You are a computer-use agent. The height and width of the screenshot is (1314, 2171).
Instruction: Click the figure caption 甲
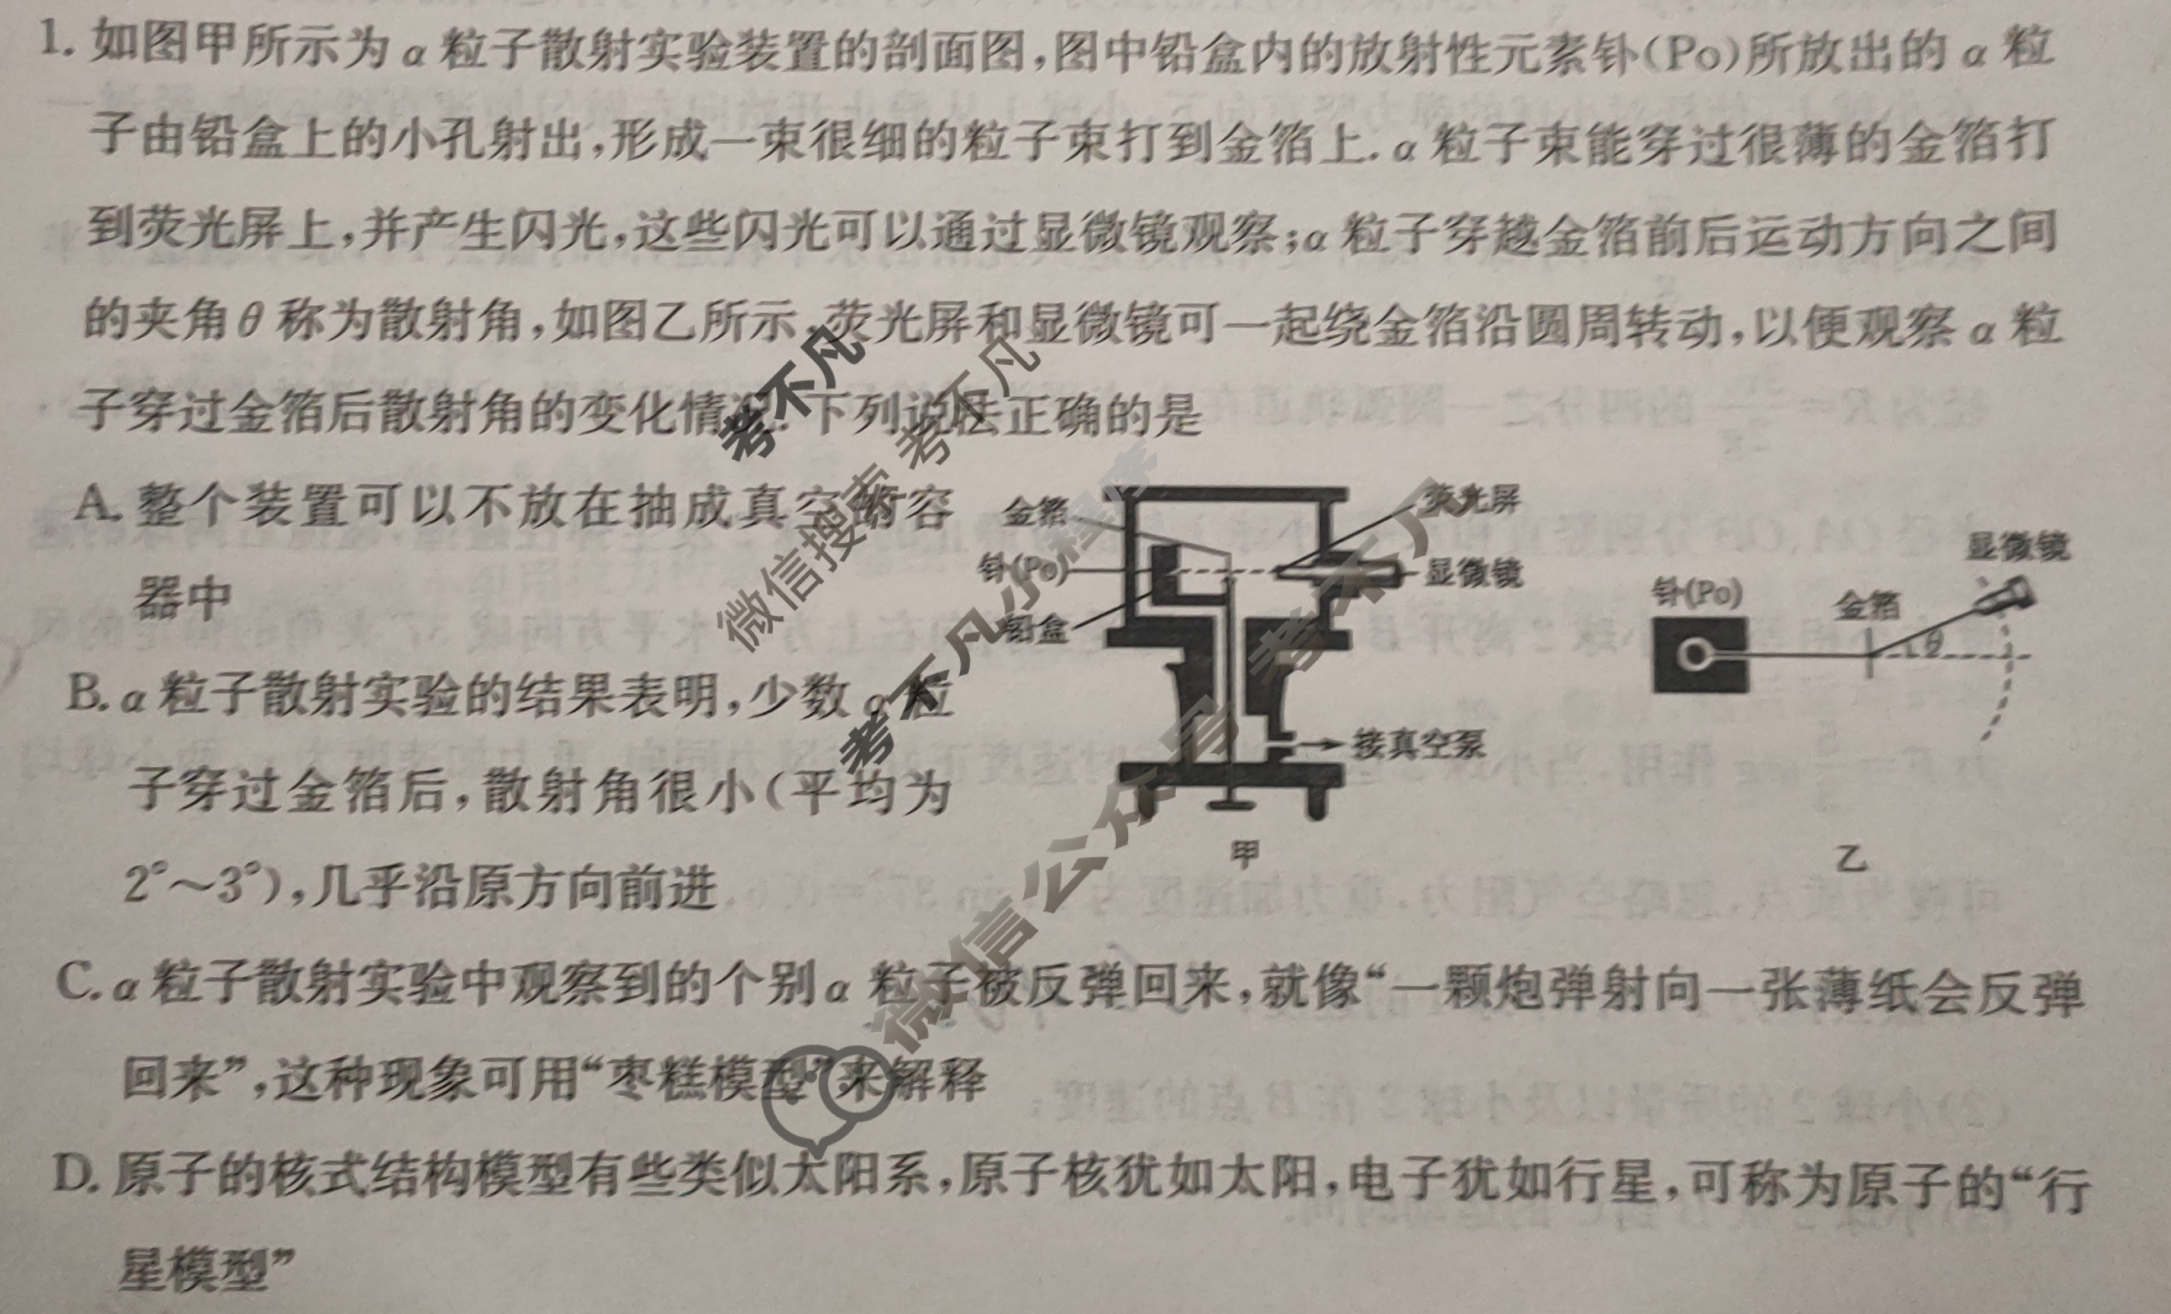point(1244,851)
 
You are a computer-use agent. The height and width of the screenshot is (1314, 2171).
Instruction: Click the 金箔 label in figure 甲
point(1036,511)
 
